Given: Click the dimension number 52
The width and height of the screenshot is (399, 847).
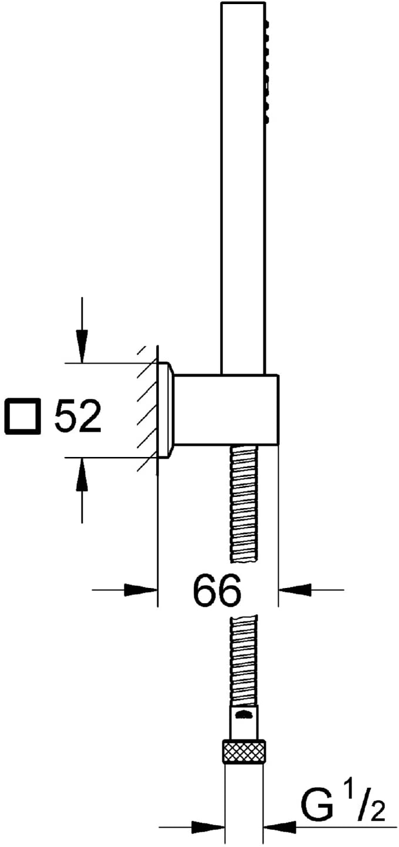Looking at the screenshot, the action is (78, 416).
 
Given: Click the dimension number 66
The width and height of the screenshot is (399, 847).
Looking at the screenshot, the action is (217, 590).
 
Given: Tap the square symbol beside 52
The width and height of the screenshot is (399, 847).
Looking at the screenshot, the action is (23, 416).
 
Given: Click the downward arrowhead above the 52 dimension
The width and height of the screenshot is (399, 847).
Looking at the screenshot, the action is (82, 347).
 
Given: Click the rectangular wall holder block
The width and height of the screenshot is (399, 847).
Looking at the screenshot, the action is (226, 409).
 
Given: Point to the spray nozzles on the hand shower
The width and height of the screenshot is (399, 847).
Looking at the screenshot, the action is (268, 72).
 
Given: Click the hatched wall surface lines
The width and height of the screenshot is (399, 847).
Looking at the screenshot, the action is (147, 409).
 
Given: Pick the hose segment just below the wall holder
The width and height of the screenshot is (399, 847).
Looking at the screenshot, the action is (245, 502).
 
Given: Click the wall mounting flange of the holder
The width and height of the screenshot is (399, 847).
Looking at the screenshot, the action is (165, 410).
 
